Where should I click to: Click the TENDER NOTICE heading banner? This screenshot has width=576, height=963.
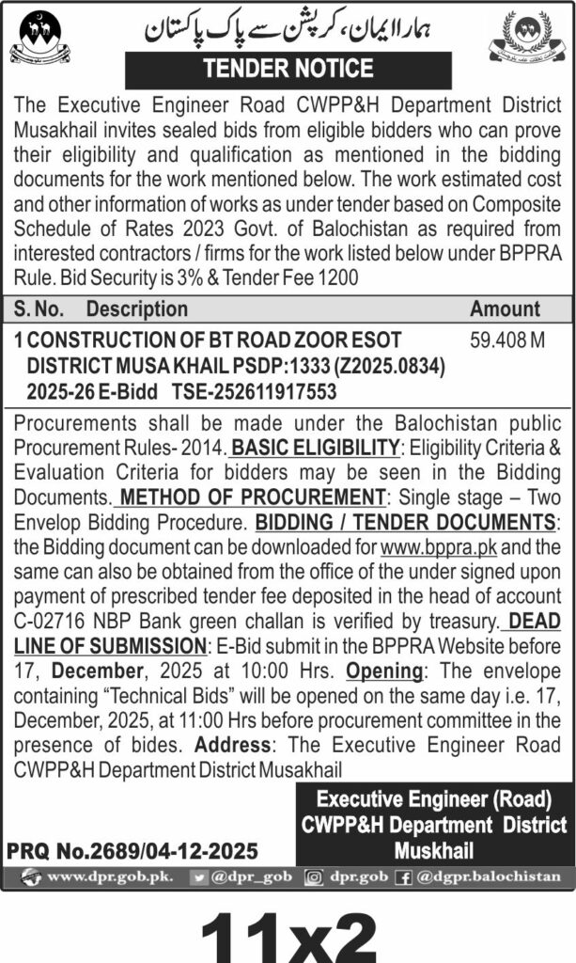click(x=288, y=70)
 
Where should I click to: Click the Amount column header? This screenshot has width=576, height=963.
click(x=506, y=308)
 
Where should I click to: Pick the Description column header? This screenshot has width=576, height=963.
click(x=137, y=308)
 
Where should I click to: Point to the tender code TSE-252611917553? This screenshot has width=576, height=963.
click(x=257, y=390)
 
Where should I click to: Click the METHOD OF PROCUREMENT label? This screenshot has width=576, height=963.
click(x=255, y=497)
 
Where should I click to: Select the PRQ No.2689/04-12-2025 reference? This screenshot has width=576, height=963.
click(x=132, y=851)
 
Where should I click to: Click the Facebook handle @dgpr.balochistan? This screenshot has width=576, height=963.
click(x=489, y=876)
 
